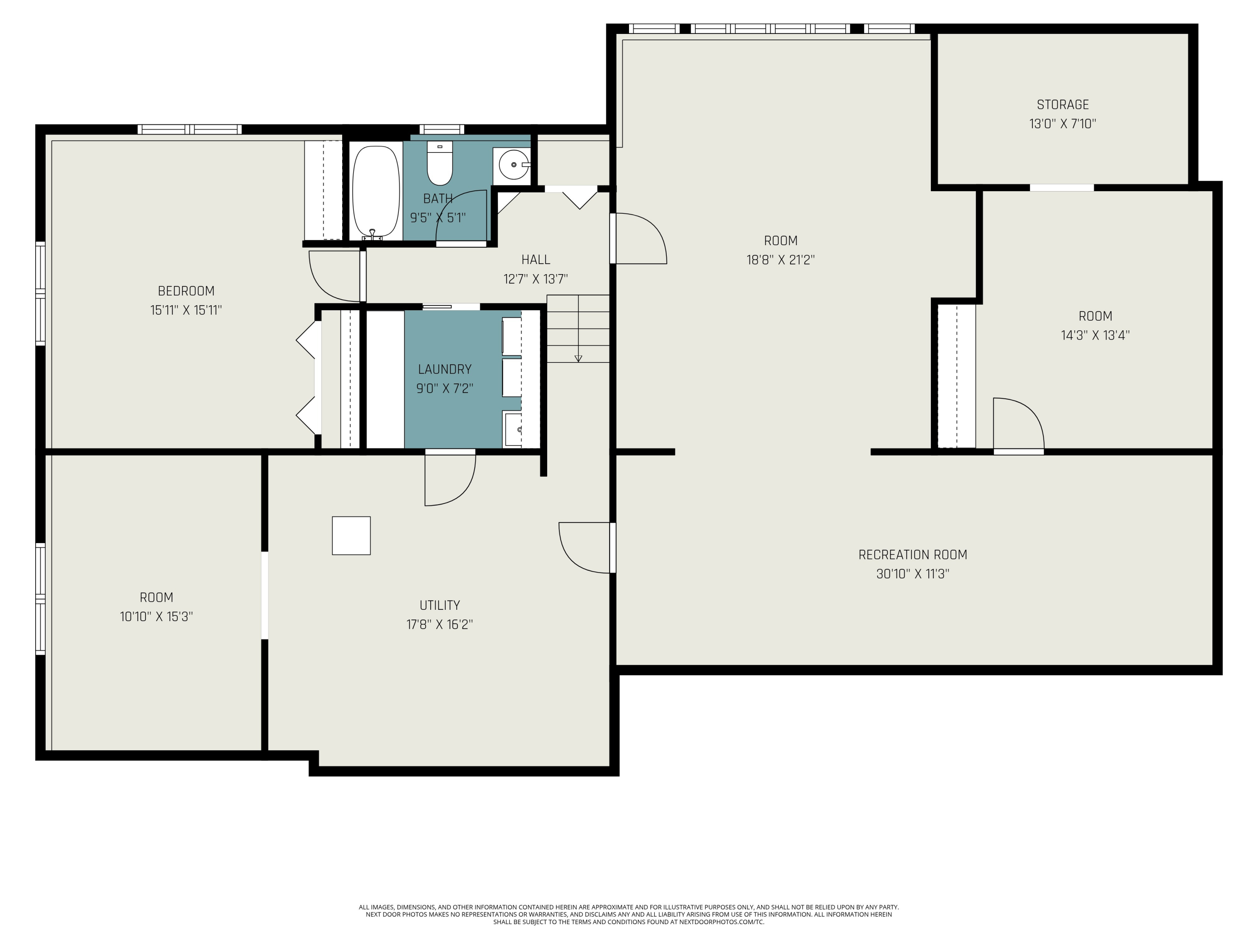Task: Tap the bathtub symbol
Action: tap(375, 192)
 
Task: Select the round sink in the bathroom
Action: tap(512, 164)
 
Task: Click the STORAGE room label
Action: tap(1062, 105)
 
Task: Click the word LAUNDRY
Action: tap(445, 370)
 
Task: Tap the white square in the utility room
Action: tap(351, 536)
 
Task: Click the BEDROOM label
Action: tap(186, 291)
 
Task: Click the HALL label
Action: tap(536, 260)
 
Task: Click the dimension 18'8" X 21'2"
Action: tap(780, 260)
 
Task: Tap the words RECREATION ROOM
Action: tap(912, 555)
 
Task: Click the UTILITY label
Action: tap(439, 605)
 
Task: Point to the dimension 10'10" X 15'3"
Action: tap(156, 617)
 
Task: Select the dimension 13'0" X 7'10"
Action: tap(1062, 124)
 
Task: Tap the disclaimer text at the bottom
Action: tap(629, 915)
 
